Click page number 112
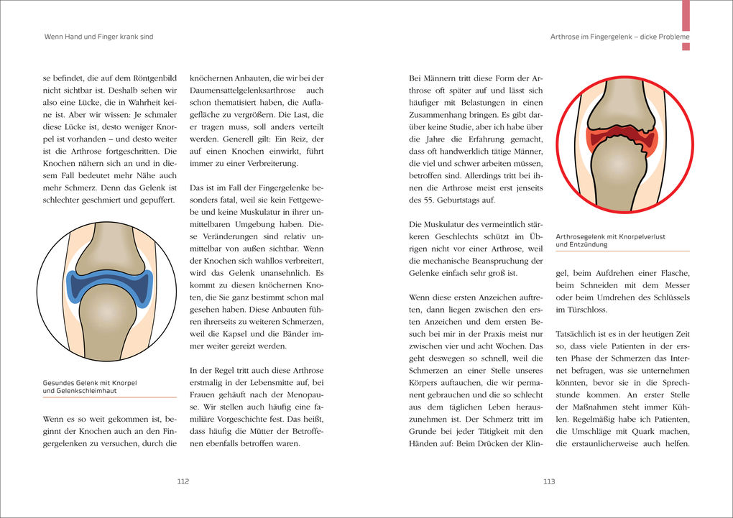click(183, 481)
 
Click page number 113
click(549, 481)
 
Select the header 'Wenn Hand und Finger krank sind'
click(98, 37)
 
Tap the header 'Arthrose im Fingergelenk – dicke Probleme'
click(619, 37)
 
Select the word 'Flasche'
click(674, 272)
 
